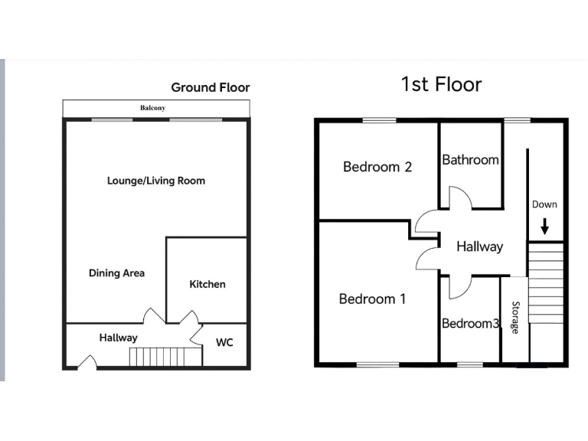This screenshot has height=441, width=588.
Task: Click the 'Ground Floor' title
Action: (x=211, y=87)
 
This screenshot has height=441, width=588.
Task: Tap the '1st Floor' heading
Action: (x=441, y=83)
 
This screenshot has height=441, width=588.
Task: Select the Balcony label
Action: (x=152, y=109)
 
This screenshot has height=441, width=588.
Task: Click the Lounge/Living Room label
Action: (x=156, y=181)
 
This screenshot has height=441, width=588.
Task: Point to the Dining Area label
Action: (x=116, y=273)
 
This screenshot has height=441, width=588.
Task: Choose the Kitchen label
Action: (x=207, y=284)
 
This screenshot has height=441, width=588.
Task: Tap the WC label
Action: (x=224, y=342)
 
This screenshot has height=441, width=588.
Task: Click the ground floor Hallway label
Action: (x=118, y=338)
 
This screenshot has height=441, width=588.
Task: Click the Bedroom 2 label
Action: (x=377, y=166)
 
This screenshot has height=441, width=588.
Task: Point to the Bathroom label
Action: (x=470, y=160)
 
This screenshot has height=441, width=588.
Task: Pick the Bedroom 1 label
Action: (x=372, y=299)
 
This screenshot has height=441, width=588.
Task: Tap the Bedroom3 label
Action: (x=470, y=324)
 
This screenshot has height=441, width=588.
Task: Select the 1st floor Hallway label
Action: (x=479, y=247)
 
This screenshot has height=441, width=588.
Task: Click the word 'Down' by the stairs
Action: (x=544, y=204)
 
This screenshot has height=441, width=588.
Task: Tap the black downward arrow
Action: (x=544, y=226)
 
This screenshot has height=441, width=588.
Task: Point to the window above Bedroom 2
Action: (x=379, y=119)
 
